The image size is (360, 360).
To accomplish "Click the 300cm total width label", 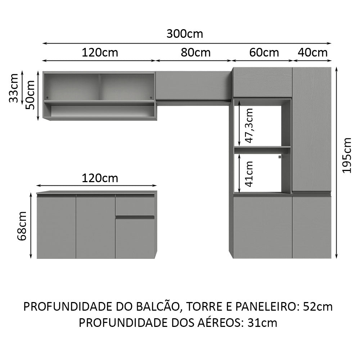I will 185,34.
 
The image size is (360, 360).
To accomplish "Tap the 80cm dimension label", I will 195,53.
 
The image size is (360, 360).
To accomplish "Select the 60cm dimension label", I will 264,53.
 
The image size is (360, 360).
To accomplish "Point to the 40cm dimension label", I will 313,53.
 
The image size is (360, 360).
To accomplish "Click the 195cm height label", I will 347,155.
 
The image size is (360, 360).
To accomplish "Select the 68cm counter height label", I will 22,226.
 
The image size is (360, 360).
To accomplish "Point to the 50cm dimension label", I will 31,95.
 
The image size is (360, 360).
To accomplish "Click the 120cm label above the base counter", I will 100,178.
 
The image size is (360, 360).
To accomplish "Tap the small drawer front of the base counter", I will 135,206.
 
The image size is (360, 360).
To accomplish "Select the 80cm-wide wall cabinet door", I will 193,85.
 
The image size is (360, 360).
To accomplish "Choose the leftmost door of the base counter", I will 56,228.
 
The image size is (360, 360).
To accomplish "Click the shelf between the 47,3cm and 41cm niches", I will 262,148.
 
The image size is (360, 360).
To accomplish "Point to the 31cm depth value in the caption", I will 263,323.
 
